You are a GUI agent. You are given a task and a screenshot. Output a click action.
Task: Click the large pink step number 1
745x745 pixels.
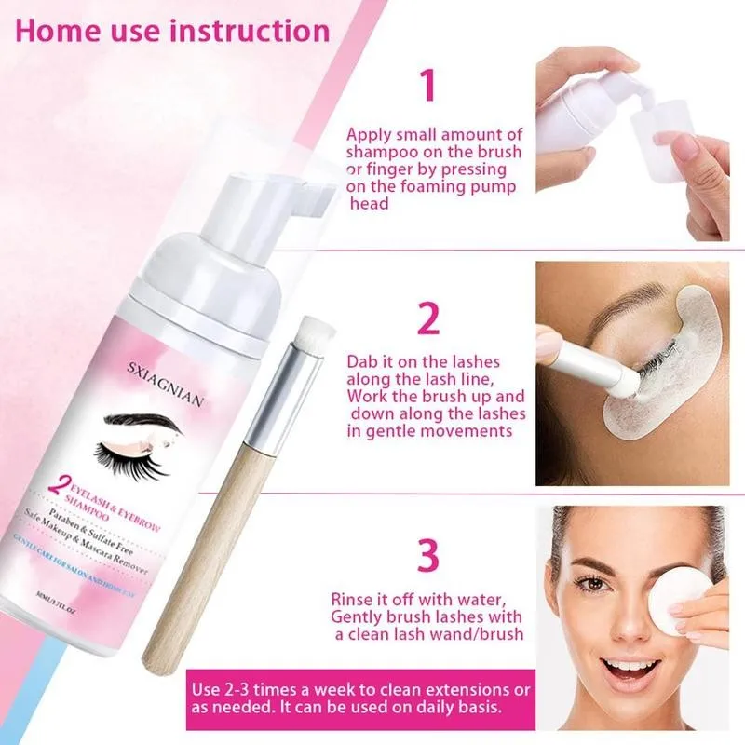427,85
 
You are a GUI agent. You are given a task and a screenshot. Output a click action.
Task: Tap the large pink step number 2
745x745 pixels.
427,318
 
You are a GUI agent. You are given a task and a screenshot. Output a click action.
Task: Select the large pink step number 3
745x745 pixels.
427,556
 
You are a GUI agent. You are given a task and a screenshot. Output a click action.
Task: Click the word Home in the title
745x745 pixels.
58,30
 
